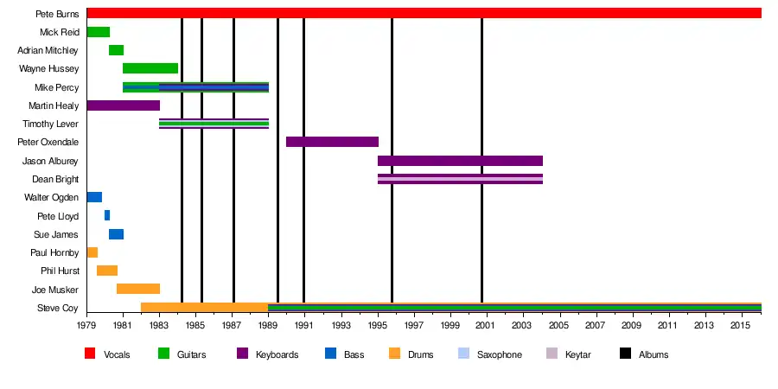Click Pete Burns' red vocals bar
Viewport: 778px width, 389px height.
[424, 13]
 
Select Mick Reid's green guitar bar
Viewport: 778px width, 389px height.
[98, 32]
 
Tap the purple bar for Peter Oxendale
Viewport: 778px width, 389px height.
[332, 142]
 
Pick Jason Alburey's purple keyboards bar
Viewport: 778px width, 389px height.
[460, 161]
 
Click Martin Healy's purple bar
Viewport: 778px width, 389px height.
[123, 105]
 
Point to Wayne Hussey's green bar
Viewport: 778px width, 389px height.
[150, 68]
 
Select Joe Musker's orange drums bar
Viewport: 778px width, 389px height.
[137, 289]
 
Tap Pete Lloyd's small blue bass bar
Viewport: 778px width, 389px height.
[107, 215]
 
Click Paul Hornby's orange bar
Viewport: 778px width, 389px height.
[92, 252]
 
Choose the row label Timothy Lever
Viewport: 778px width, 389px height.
[50, 124]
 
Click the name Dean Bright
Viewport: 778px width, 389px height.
[55, 180]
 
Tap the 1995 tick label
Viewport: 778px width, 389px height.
[378, 326]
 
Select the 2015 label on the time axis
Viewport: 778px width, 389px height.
[740, 326]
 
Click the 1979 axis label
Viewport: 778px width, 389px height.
[86, 326]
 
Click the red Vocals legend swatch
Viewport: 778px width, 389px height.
[90, 354]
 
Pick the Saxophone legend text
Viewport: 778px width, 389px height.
[500, 354]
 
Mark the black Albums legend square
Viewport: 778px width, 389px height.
[625, 354]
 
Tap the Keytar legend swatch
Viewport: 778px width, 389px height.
[552, 354]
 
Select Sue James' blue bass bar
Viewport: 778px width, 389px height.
[116, 234]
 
